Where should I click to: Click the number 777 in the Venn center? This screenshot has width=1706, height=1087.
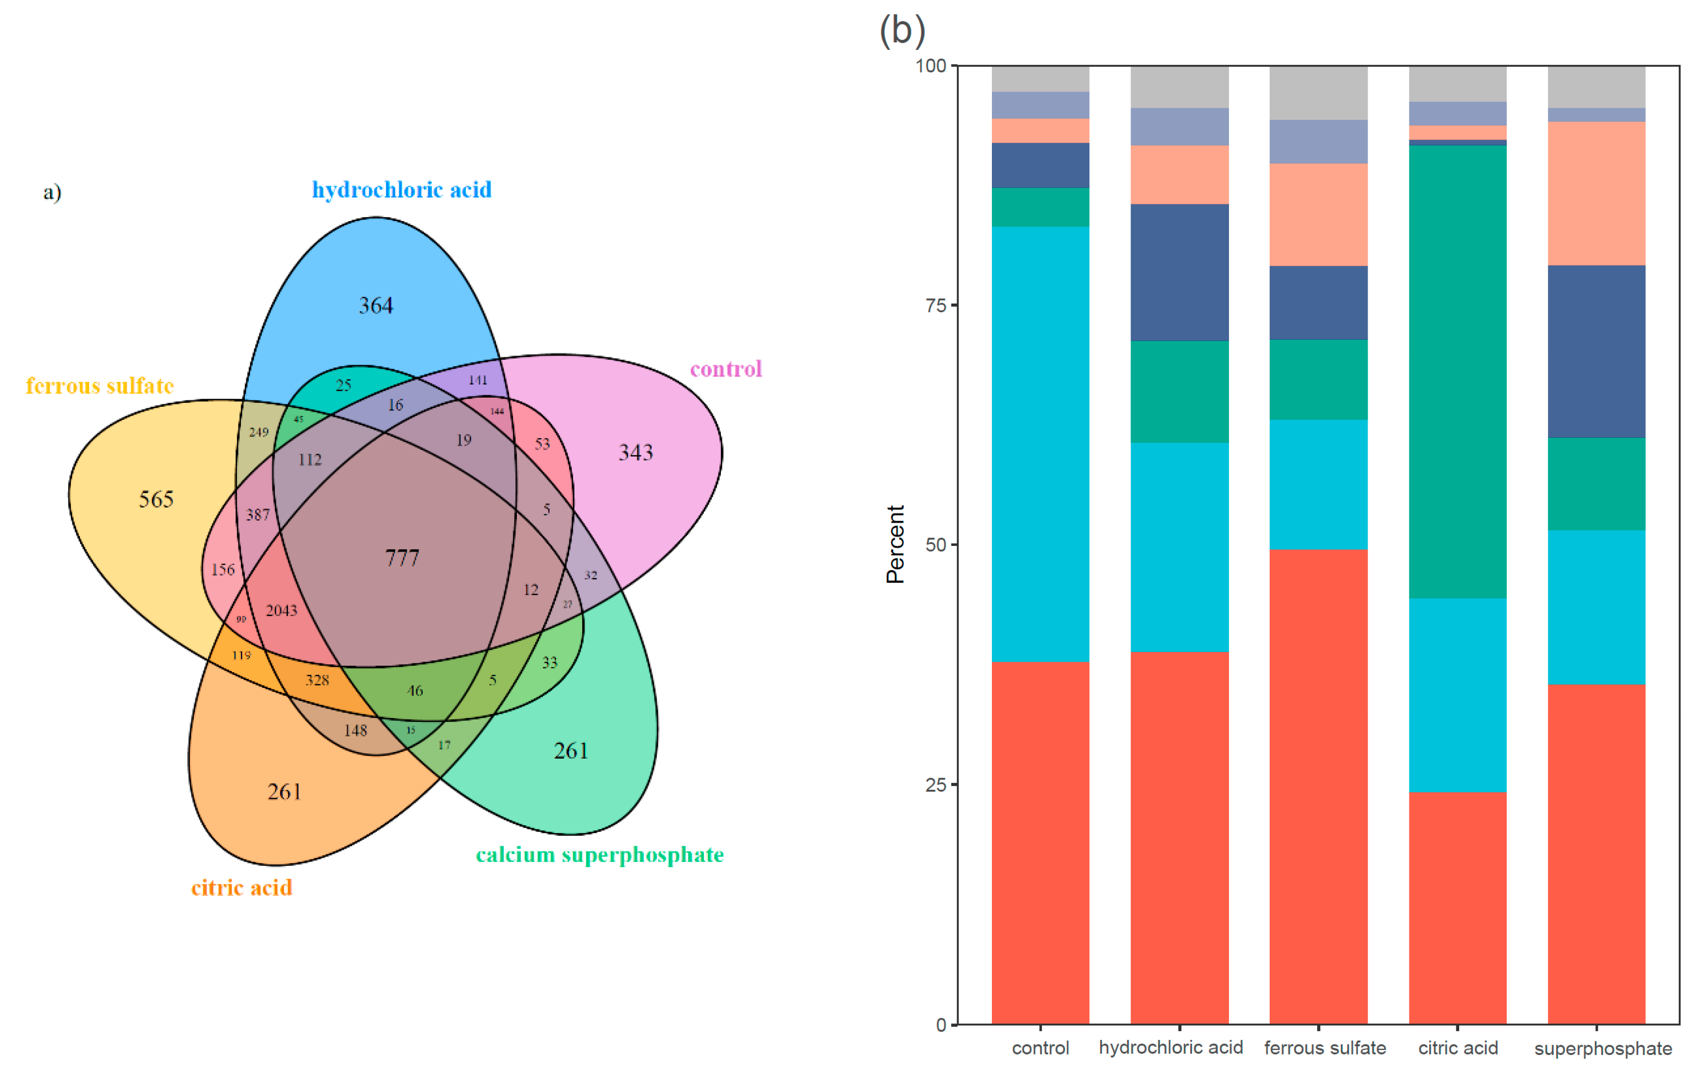pyautogui.click(x=402, y=559)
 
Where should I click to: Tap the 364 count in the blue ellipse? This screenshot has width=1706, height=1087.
pyautogui.click(x=376, y=305)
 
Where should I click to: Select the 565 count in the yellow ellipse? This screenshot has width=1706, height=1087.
pyautogui.click(x=156, y=499)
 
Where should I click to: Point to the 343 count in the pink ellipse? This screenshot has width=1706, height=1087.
pyautogui.click(x=636, y=452)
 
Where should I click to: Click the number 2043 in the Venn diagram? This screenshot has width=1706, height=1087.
pyautogui.click(x=281, y=610)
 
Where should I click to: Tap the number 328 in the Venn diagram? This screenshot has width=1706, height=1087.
pyautogui.click(x=318, y=680)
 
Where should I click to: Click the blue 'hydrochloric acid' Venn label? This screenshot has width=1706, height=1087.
pyautogui.click(x=402, y=190)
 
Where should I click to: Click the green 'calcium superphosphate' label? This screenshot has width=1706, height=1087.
pyautogui.click(x=599, y=855)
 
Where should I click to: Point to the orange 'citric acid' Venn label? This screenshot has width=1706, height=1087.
pyautogui.click(x=241, y=888)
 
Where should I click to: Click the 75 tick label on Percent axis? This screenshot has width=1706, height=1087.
pyautogui.click(x=936, y=305)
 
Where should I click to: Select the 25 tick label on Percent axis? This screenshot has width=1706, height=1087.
pyautogui.click(x=936, y=785)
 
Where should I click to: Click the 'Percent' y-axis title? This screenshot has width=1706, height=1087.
pyautogui.click(x=895, y=544)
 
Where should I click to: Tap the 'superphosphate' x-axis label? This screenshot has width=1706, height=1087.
pyautogui.click(x=1603, y=1049)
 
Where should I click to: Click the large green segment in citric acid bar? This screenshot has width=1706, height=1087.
pyautogui.click(x=1457, y=372)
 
